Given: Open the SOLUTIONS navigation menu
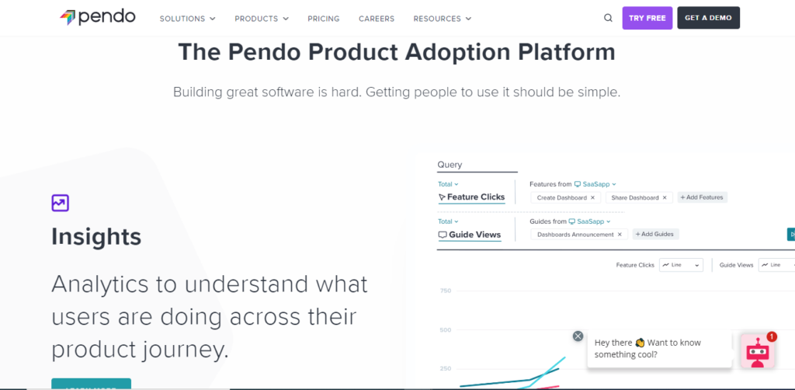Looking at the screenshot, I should click(187, 19).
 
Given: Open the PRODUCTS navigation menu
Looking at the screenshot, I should click(261, 19).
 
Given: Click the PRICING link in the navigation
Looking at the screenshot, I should click(324, 19).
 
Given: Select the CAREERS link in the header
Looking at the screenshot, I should click(377, 19).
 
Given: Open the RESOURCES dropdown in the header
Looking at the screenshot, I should click(442, 19).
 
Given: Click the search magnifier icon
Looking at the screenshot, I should click(608, 19).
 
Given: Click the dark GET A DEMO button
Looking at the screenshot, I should click(708, 18).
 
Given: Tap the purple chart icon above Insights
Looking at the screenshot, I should click(61, 204).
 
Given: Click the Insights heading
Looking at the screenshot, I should click(96, 237).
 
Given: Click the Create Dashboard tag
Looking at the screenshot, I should click(561, 198).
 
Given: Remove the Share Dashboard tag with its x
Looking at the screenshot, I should click(664, 198).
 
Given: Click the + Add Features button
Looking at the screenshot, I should click(702, 198).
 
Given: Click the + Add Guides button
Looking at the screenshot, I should click(656, 234).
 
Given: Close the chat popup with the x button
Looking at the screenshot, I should click(578, 336).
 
